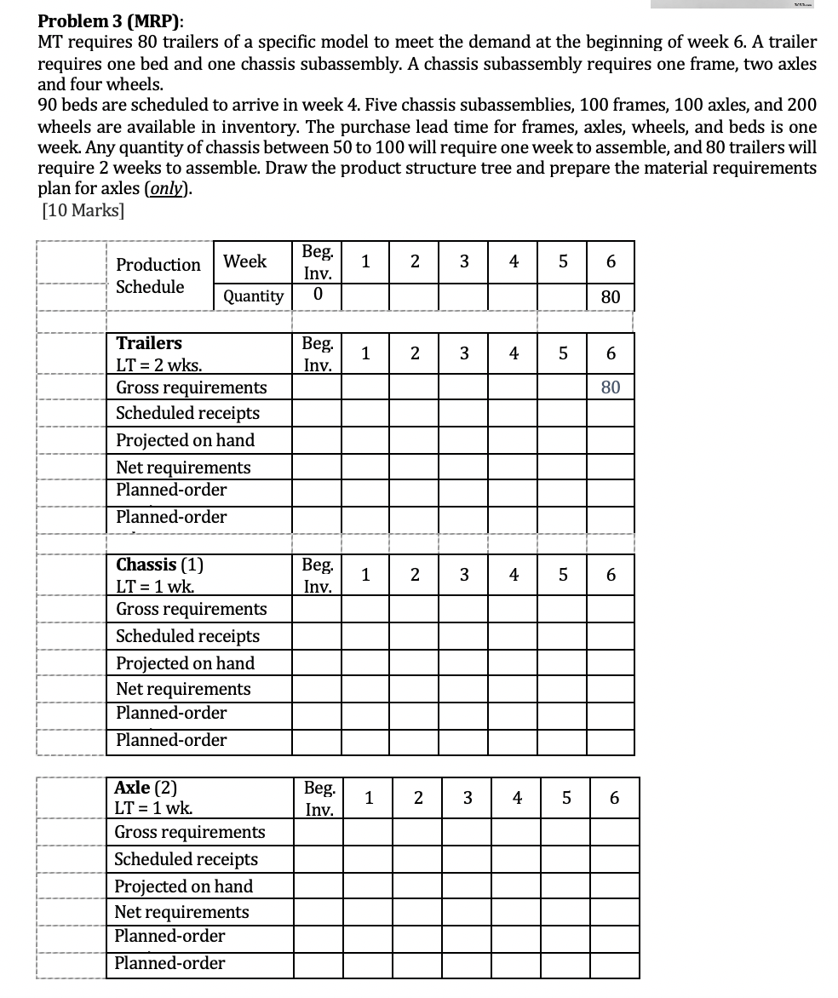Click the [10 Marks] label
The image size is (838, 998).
83,210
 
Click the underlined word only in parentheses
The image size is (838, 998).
167,189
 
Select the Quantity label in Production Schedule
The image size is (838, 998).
253,296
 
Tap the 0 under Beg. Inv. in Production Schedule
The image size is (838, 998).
318,296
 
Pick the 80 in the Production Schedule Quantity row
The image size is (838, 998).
610,297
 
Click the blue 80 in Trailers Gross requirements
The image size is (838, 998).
610,387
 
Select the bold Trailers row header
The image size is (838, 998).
149,343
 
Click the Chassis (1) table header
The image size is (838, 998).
159,565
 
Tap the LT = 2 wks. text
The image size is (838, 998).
159,365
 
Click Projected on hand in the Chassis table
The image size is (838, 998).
185,662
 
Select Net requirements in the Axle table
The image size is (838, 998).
182,912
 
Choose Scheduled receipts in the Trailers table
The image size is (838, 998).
187,413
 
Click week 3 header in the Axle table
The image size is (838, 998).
467,799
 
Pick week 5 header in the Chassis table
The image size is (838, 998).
562,575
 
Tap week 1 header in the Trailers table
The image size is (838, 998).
364,353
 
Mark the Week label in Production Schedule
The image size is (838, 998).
245,261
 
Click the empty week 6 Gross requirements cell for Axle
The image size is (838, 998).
613,832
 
